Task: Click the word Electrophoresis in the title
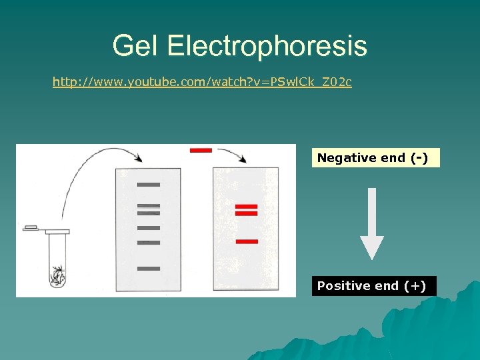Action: point(267,46)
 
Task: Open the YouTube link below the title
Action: point(202,82)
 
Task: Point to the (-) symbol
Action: point(419,158)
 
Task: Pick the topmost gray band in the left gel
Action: point(149,184)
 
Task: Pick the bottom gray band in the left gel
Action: point(149,269)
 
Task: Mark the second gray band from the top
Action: point(149,206)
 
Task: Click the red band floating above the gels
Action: point(201,150)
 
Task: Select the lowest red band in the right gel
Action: point(247,241)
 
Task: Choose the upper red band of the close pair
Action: point(246,206)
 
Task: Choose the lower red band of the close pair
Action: point(246,214)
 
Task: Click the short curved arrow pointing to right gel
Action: point(233,155)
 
